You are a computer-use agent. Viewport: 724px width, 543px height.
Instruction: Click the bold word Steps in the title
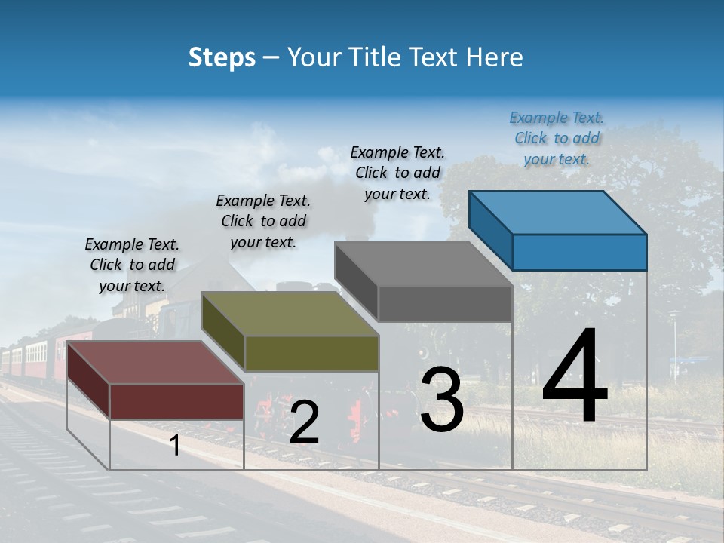point(222,57)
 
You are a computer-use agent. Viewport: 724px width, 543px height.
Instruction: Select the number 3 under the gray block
point(442,400)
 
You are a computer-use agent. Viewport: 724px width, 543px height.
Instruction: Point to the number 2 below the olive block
point(304,422)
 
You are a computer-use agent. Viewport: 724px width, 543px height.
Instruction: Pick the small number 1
point(175,446)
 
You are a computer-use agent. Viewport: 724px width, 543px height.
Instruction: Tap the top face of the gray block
point(423,264)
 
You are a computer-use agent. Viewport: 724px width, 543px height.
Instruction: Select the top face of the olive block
point(290,314)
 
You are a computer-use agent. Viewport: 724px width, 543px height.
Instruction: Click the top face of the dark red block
point(155,363)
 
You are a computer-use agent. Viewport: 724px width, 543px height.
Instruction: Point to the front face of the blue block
point(579,252)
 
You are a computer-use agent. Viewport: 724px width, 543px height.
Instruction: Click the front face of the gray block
point(445,304)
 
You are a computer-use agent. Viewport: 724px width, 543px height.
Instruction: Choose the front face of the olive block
point(311,354)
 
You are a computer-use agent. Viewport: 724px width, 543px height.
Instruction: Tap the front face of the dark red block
point(176,401)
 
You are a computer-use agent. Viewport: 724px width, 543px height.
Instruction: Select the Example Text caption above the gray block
point(397,173)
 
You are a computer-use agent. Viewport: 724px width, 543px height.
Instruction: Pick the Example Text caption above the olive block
point(263,221)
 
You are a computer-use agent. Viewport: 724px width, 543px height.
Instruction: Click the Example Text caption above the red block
point(132,265)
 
